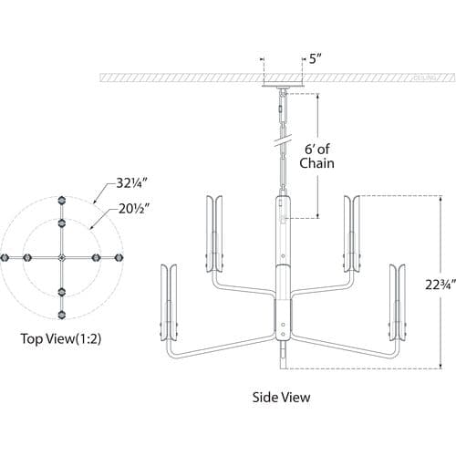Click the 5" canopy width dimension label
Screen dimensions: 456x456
(316, 58)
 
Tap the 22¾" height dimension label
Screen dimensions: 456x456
(440, 285)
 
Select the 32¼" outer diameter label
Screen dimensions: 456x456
(132, 183)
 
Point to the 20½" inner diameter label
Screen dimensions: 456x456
(134, 209)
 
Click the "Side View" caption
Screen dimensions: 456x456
(281, 398)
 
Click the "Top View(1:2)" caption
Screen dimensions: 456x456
(60, 338)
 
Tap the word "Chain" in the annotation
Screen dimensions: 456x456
(316, 163)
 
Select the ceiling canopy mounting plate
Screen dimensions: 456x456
(283, 85)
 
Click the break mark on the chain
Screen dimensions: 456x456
(283, 140)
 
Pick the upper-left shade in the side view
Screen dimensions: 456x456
(214, 233)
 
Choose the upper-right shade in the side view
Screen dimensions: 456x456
(352, 233)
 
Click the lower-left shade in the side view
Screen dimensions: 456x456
(169, 303)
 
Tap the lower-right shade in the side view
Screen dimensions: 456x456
(398, 303)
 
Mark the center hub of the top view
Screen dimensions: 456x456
(62, 258)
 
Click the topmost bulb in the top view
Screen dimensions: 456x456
(62, 201)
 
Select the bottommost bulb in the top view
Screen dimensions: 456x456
(62, 315)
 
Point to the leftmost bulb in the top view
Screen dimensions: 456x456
(5, 258)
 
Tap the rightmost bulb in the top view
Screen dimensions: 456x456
(119, 258)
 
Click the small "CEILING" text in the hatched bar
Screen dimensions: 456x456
(424, 78)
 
